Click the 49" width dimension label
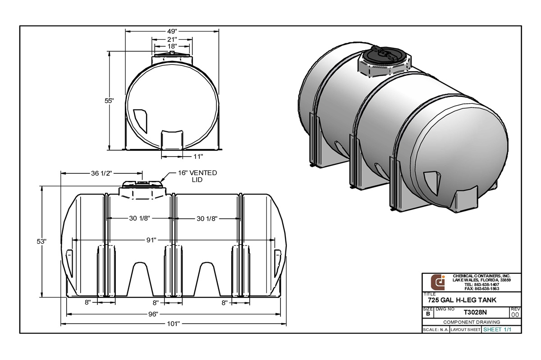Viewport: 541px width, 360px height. pos(171,31)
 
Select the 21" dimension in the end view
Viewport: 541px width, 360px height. pos(171,39)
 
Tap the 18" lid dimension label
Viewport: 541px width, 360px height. pos(171,46)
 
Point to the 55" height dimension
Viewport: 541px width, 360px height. pos(109,101)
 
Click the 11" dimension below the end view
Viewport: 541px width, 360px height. pos(198,156)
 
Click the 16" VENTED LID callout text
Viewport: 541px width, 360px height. pos(197,176)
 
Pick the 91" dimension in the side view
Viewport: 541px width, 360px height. pos(151,240)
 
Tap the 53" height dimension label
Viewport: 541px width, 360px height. pos(42,241)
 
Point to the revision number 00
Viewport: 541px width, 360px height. pos(515,314)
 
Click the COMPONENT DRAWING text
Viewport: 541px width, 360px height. pos(471,322)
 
